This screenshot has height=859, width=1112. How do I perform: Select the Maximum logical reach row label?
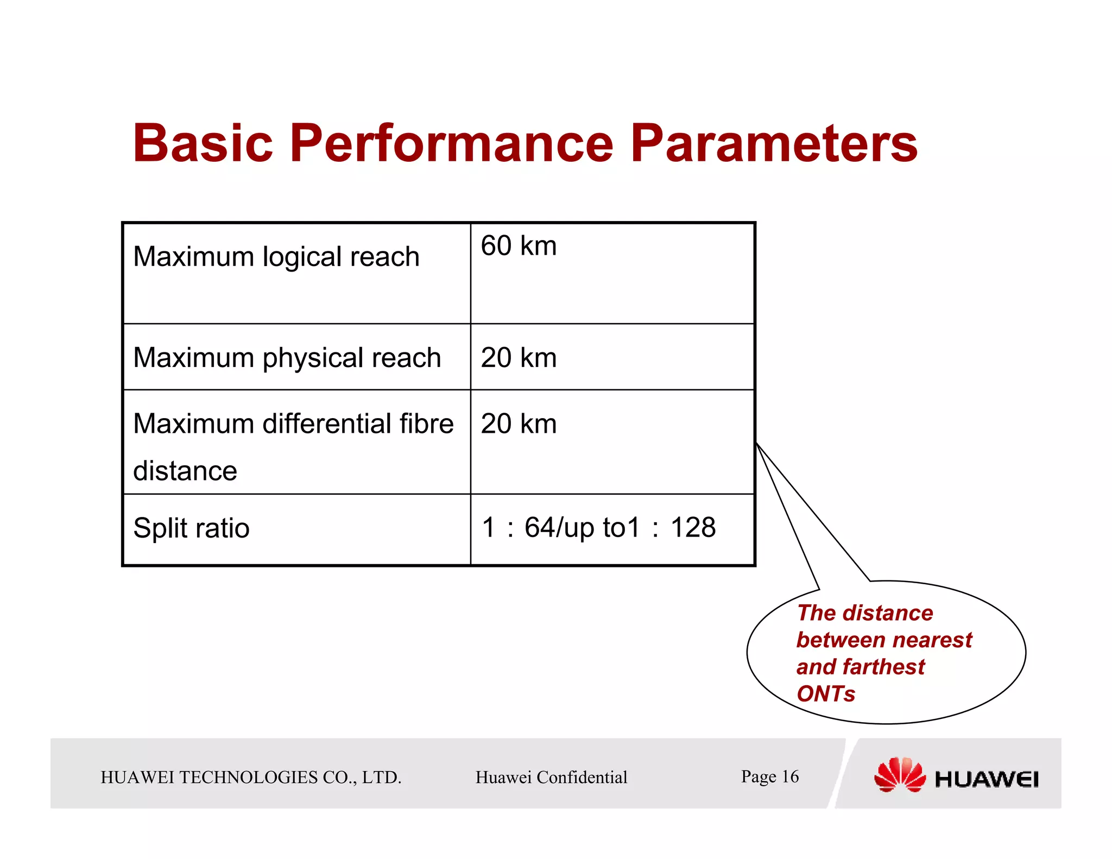[276, 257]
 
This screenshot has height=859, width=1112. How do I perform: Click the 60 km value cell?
[519, 246]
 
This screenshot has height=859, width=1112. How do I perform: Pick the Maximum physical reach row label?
[287, 358]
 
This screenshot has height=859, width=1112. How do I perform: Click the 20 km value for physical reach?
[519, 358]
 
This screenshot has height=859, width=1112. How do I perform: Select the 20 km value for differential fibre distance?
[519, 424]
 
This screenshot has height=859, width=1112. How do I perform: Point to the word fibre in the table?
[426, 424]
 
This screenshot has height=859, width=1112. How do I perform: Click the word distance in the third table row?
[185, 471]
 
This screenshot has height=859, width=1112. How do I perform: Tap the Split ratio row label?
[191, 528]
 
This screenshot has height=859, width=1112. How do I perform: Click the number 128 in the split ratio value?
[693, 528]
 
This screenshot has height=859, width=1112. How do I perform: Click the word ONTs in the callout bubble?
[825, 694]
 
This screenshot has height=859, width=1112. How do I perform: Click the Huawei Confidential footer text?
[551, 778]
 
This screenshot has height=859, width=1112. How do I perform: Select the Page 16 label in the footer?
[769, 776]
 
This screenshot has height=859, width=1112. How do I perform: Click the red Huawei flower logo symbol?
[899, 775]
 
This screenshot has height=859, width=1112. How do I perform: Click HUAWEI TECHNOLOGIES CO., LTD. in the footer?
[251, 778]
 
